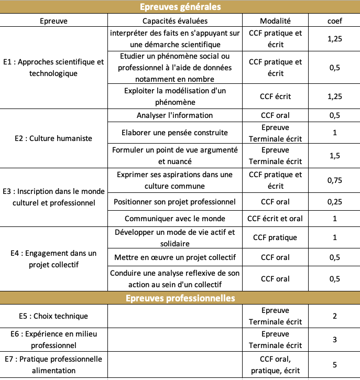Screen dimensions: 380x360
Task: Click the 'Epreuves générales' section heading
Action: coord(180,7)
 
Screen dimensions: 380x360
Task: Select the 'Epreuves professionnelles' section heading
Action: coord(180,298)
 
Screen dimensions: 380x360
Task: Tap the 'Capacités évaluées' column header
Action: coord(175,21)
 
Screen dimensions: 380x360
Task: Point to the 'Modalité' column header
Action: coord(275,21)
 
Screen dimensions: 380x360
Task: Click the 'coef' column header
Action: coord(335,21)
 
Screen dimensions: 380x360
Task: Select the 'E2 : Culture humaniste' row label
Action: coord(53,138)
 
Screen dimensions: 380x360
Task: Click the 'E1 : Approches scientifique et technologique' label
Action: coord(53,68)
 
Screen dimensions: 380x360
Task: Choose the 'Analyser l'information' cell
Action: coord(175,115)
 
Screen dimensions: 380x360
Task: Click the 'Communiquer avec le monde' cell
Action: coord(175,219)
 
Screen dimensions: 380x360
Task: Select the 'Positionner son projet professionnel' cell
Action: coord(175,202)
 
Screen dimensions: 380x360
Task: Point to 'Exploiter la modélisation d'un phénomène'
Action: coord(175,96)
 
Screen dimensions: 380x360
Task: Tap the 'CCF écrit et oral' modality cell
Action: coord(275,219)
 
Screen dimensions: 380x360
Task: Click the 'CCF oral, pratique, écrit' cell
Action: coord(275,365)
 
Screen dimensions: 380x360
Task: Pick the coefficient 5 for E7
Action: coord(335,365)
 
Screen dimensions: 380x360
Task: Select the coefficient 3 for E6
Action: coord(335,340)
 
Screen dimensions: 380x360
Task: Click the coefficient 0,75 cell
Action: coord(335,180)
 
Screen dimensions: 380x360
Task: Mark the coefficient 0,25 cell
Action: coord(335,202)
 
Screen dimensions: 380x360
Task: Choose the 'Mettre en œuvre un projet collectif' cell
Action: coord(175,257)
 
